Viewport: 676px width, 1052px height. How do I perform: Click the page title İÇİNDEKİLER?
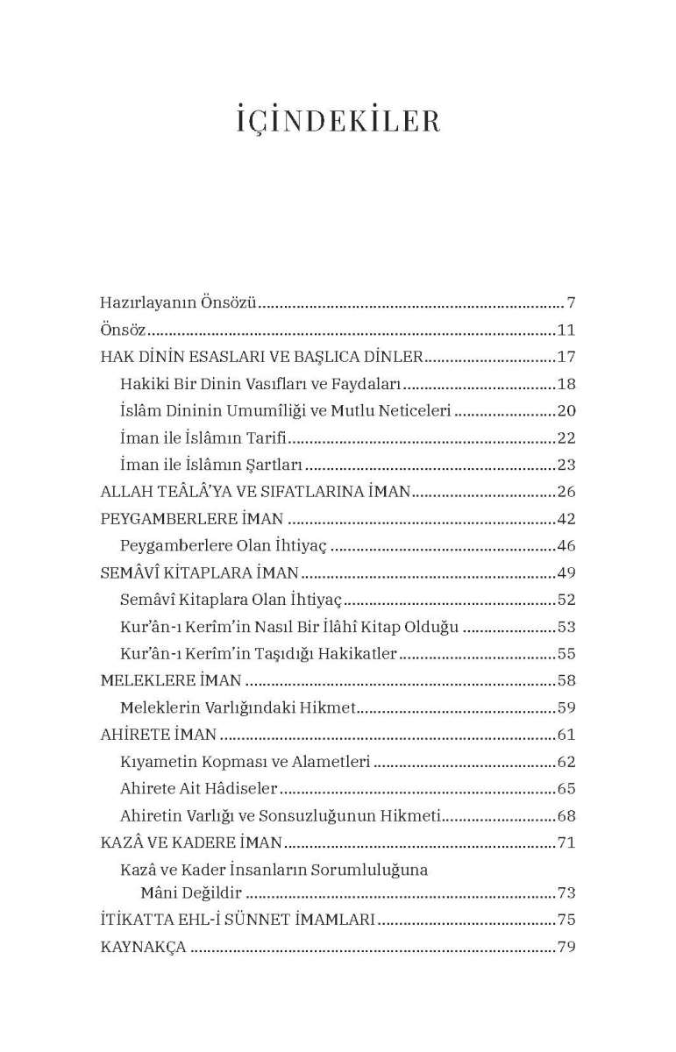[x=338, y=121]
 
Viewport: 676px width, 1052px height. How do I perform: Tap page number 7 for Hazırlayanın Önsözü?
[x=570, y=303]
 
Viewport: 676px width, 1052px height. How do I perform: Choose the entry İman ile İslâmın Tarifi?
[x=204, y=438]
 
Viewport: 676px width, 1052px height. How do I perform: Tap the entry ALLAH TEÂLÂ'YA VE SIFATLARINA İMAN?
[x=255, y=492]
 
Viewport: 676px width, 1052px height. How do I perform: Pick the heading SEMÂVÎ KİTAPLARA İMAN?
[x=200, y=573]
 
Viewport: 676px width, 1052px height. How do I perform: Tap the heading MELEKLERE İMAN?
[x=171, y=680]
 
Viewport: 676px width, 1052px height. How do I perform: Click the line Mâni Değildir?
[x=191, y=893]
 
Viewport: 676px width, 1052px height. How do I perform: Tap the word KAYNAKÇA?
[x=144, y=947]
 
